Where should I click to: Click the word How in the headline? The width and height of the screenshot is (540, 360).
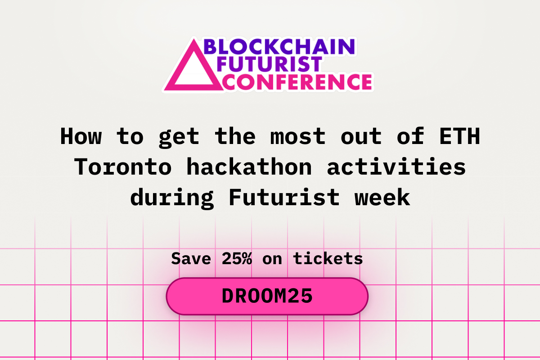(x=81, y=136)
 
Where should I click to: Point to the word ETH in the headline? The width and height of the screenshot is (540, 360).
(x=459, y=136)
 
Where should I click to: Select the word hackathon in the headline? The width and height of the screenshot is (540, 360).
(x=249, y=167)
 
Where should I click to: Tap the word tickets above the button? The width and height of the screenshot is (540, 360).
(x=328, y=259)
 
